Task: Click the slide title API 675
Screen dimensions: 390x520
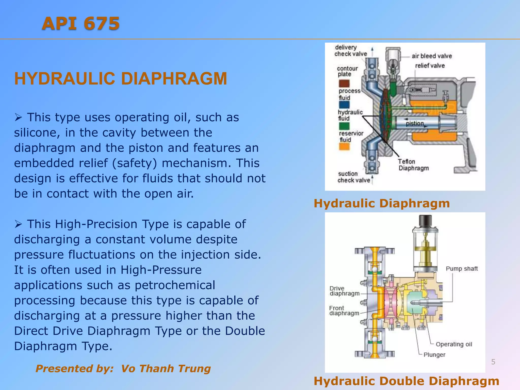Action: click(x=81, y=23)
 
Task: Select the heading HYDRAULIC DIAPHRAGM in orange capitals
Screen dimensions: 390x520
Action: click(x=121, y=78)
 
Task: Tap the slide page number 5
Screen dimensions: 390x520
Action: click(x=493, y=362)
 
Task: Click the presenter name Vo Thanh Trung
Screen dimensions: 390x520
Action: click(x=166, y=368)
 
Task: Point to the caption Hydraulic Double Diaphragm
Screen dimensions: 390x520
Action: click(x=407, y=381)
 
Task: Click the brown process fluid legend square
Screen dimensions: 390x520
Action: click(x=344, y=84)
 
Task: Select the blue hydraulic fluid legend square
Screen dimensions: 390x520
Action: click(x=344, y=105)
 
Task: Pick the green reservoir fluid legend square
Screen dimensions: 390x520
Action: click(x=344, y=126)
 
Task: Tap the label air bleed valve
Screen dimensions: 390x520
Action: click(x=432, y=56)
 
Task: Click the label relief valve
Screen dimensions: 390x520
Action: click(x=430, y=66)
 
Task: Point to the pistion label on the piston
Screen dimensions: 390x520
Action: click(x=415, y=123)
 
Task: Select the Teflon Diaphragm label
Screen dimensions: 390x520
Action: click(x=413, y=165)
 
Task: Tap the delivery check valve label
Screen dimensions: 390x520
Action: click(x=350, y=51)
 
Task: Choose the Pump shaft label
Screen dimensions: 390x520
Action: click(x=462, y=269)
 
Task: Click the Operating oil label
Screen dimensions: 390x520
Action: click(x=454, y=344)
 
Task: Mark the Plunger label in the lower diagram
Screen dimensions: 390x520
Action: click(x=434, y=355)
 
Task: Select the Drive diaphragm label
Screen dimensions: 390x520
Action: click(x=344, y=291)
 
